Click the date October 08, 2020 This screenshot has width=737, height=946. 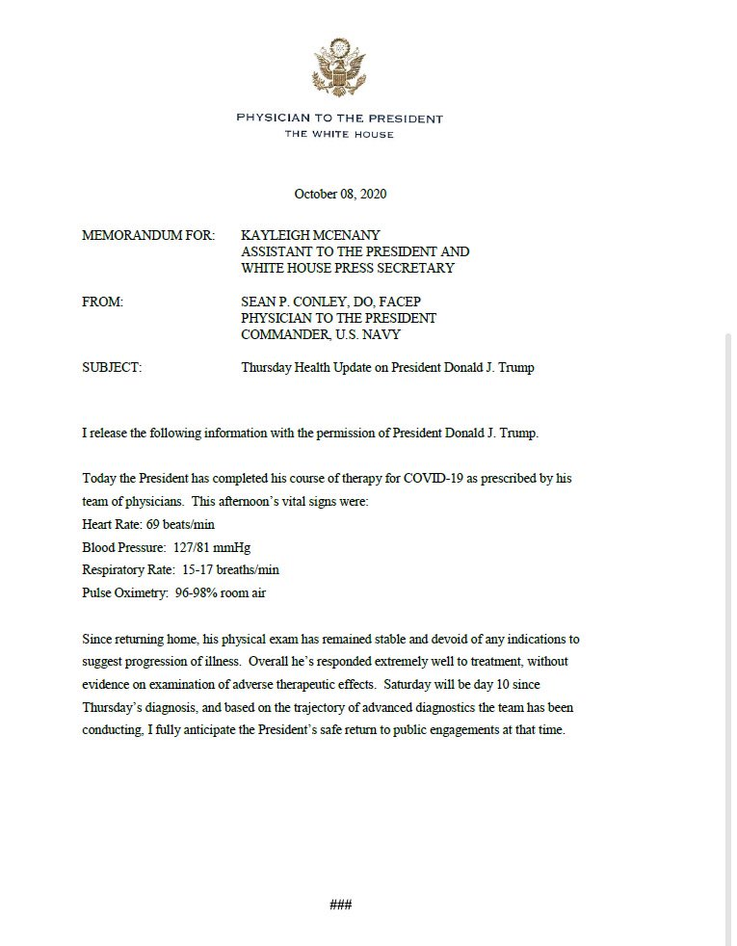point(340,194)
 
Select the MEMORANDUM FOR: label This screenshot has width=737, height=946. point(148,235)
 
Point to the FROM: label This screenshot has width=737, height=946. point(103,302)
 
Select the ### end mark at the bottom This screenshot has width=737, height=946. point(340,905)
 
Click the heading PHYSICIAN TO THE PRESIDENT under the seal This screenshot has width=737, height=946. point(340,118)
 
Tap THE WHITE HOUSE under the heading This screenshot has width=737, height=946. point(339,134)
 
